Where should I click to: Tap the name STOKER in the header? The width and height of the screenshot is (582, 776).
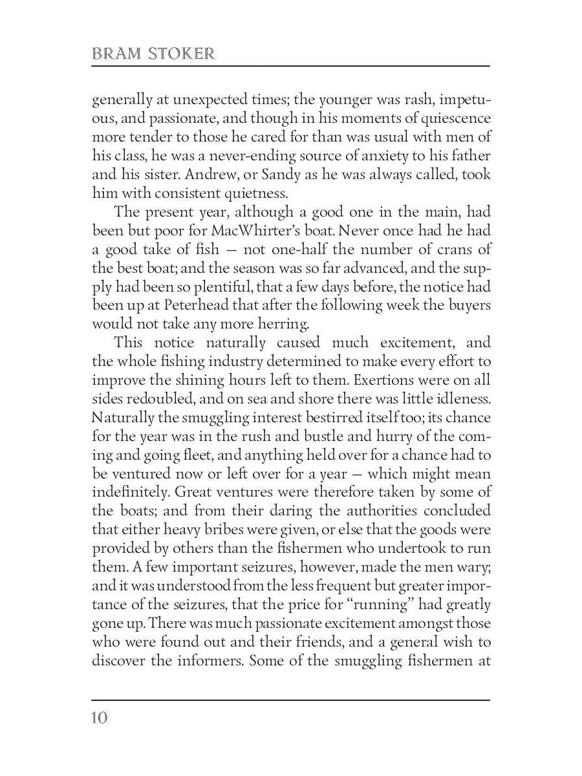[x=182, y=54]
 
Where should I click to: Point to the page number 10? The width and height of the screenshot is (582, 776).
[x=100, y=718]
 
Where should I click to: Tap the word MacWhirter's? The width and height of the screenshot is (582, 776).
[x=261, y=231]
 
